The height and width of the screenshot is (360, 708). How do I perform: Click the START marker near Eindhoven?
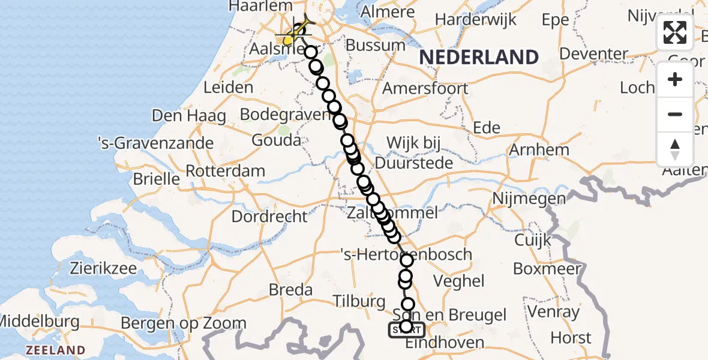(407, 330)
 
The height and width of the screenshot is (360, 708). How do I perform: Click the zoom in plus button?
(675, 80)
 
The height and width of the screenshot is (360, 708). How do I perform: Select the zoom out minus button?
(675, 114)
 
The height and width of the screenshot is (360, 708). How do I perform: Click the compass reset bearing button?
(675, 149)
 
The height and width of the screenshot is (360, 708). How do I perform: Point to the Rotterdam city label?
(225, 171)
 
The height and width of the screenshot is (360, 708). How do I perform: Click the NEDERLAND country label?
(479, 58)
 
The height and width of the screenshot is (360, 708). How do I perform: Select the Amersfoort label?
(425, 89)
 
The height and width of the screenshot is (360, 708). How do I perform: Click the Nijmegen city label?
(529, 198)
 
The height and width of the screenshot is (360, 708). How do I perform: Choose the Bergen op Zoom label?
(184, 323)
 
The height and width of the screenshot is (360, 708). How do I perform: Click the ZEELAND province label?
(55, 350)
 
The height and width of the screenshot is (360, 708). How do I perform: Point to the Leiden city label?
(228, 87)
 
